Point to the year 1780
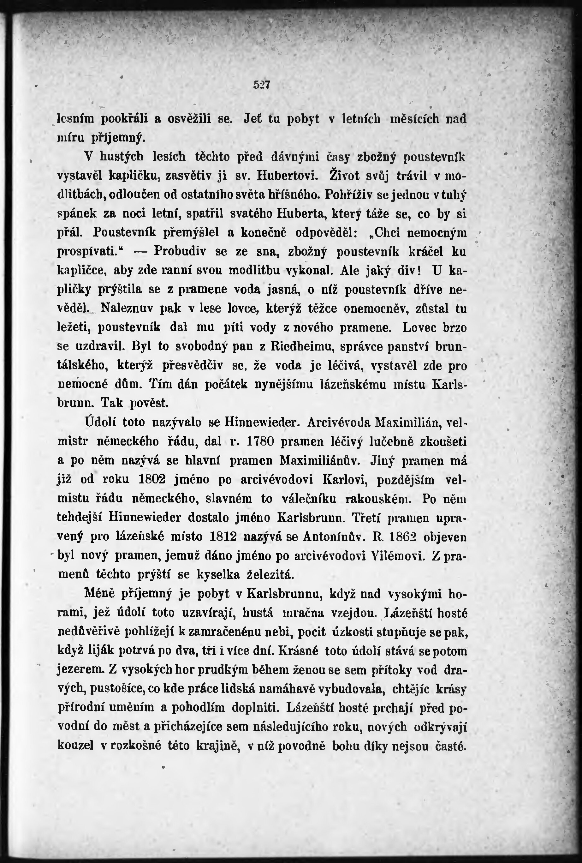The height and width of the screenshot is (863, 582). pyautogui.click(x=260, y=441)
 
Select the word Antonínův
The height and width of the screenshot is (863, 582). pyautogui.click(x=332, y=536)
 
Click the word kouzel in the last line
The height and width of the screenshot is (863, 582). pyautogui.click(x=75, y=745)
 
